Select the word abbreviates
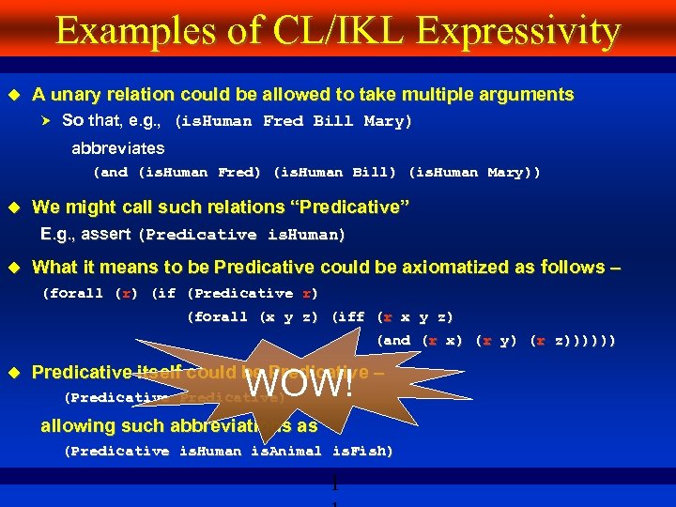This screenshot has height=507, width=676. pyautogui.click(x=118, y=148)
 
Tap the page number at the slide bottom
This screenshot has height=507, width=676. pyautogui.click(x=333, y=488)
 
